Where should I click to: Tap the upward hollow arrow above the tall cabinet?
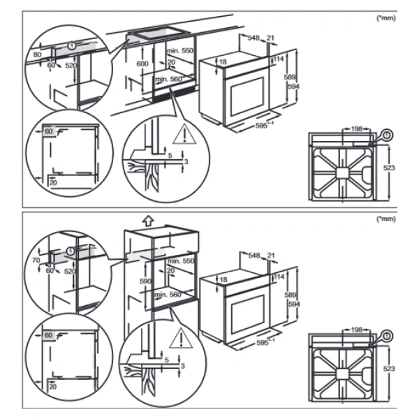coord(148,220)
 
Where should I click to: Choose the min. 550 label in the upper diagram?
coord(179,52)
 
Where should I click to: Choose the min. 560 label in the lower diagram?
coord(168,295)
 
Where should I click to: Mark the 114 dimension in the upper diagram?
coord(278,59)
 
